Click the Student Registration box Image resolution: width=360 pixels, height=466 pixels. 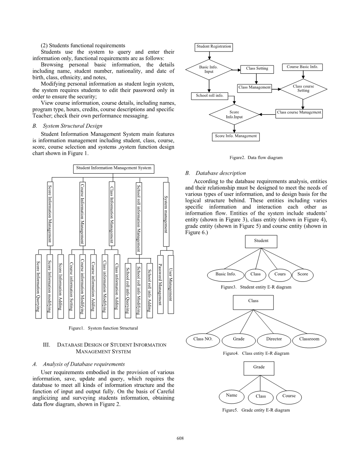point(213,47)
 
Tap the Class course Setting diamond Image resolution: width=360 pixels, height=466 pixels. point(303,89)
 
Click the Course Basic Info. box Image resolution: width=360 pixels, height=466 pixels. point(302,67)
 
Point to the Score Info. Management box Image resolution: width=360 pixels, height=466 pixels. point(236,136)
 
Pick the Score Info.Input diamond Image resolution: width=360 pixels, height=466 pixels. point(234,115)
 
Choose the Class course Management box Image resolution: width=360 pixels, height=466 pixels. point(299,112)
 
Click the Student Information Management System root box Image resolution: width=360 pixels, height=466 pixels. point(113,168)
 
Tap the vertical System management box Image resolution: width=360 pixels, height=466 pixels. point(165,214)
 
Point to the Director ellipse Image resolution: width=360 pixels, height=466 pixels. point(274,339)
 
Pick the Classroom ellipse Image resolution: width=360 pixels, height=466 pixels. point(309,339)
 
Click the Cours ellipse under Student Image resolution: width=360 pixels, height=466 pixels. point(280,274)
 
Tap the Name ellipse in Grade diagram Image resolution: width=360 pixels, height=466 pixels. point(231,395)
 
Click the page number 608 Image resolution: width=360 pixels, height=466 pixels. point(180,438)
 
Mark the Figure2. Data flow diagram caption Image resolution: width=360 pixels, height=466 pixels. point(256,157)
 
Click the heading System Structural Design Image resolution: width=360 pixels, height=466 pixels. point(72,126)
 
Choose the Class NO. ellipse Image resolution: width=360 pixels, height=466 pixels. point(203,339)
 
